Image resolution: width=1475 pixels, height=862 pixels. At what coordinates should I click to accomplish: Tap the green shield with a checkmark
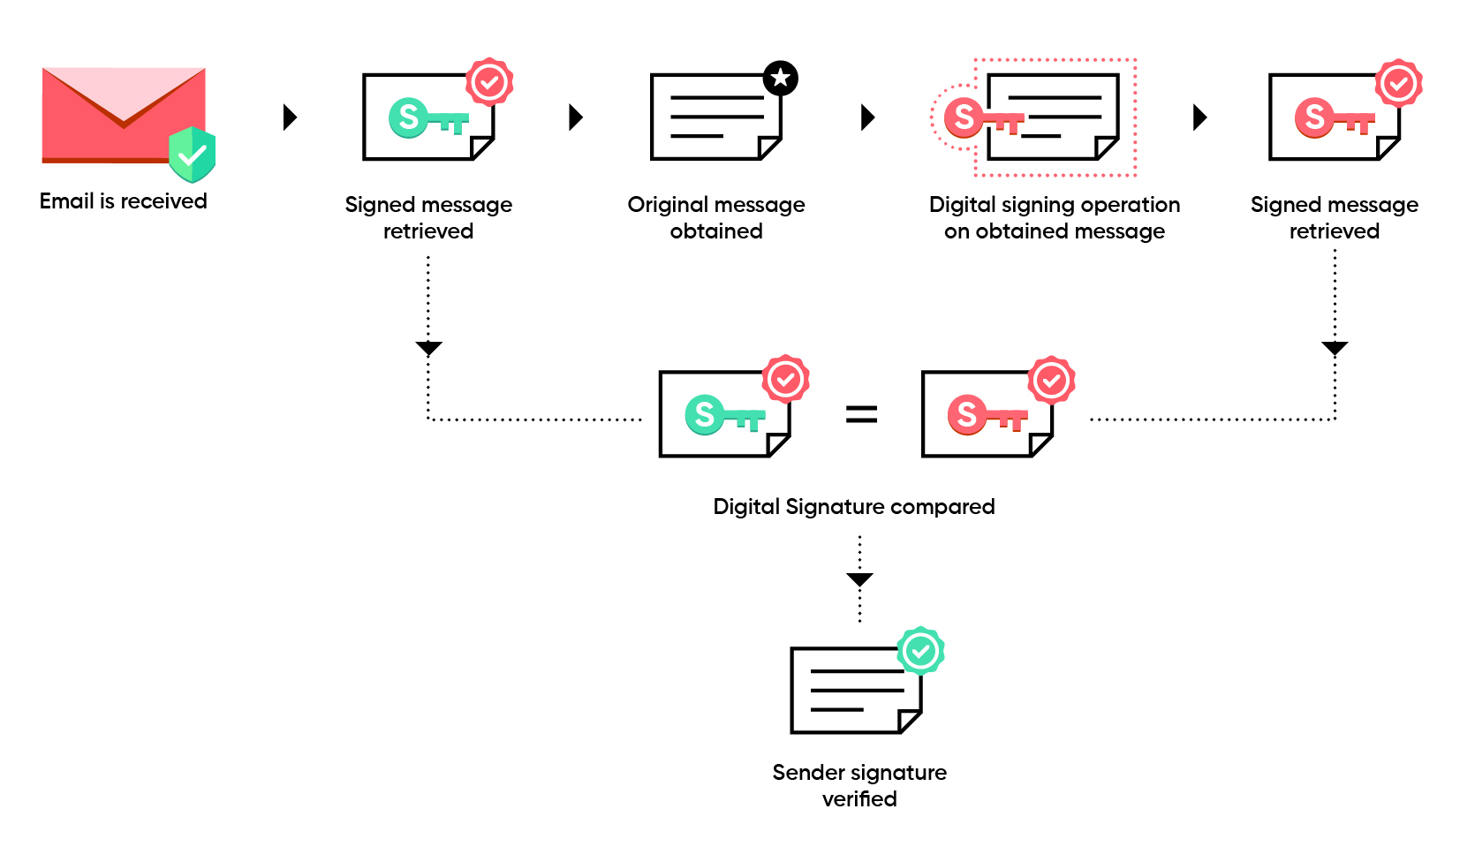coord(193,155)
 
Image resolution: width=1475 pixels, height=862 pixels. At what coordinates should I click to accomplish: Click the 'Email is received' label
coord(124,201)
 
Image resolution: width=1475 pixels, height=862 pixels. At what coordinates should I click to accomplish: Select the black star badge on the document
coord(780,79)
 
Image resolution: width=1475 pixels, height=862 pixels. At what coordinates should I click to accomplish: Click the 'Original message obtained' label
coord(716,218)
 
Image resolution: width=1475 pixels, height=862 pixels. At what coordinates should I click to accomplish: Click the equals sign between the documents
coord(861,414)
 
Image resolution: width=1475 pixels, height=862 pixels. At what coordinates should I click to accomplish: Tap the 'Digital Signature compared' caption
coord(854,507)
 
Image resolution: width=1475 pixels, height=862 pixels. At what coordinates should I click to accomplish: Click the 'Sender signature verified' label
coord(859,785)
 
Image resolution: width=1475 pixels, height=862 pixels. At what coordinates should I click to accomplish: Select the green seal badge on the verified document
coord(921,652)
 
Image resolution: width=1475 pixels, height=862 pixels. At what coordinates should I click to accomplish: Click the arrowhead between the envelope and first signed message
coord(290,117)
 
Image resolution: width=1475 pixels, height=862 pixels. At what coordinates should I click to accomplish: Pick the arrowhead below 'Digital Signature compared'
coord(859,579)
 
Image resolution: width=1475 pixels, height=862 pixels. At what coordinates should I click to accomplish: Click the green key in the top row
coord(427,118)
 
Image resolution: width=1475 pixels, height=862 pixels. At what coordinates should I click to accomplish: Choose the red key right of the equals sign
coord(987,415)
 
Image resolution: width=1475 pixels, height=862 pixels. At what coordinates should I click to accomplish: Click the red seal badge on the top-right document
coord(1398,84)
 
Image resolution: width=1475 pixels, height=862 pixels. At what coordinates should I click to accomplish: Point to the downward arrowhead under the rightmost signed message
coord(1335,348)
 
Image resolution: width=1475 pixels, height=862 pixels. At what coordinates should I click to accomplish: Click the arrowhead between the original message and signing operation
coord(867,117)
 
